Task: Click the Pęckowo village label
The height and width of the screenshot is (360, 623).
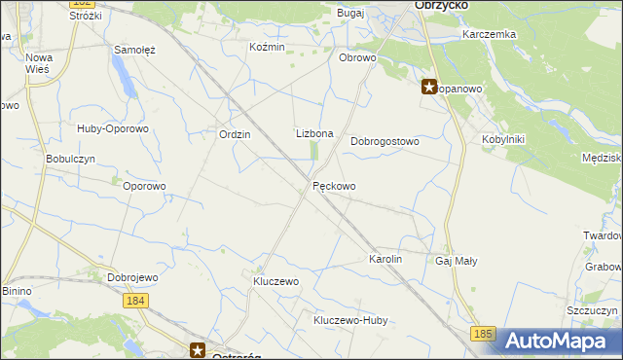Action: (x=334, y=186)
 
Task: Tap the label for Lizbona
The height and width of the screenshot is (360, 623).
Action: (x=314, y=134)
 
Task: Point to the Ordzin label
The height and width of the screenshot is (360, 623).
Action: (x=235, y=135)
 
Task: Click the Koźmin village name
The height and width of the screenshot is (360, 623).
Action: (x=267, y=48)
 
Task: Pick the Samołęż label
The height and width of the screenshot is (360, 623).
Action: (x=135, y=50)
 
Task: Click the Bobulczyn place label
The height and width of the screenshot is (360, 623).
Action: (x=69, y=159)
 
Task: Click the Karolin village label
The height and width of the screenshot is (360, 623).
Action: (x=385, y=260)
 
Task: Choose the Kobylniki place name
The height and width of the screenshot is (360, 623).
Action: (x=502, y=139)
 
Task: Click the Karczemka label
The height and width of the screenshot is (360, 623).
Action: (x=490, y=34)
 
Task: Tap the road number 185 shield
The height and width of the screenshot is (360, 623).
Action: (x=483, y=334)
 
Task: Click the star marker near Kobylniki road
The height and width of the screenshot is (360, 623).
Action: (x=428, y=87)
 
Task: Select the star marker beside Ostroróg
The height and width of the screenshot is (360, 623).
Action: (x=198, y=350)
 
